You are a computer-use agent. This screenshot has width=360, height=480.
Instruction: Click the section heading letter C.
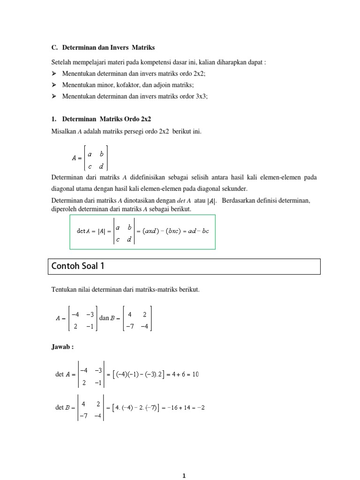pyautogui.click(x=53, y=48)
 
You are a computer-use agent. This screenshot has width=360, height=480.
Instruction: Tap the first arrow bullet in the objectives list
pyautogui.click(x=53, y=74)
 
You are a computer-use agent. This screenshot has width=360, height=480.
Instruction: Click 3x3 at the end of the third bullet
pyautogui.click(x=202, y=96)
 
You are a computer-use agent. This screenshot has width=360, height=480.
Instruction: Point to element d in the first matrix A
pyautogui.click(x=101, y=165)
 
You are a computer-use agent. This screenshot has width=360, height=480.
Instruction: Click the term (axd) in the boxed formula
pyautogui.click(x=152, y=231)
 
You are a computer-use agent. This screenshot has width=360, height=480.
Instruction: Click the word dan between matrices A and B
pyautogui.click(x=104, y=318)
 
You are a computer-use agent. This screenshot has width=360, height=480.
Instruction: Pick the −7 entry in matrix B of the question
pyautogui.click(x=130, y=326)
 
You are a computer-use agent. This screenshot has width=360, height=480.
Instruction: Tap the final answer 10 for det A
pyautogui.click(x=195, y=374)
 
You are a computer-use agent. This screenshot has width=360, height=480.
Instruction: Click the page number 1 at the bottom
pyautogui.click(x=184, y=476)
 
